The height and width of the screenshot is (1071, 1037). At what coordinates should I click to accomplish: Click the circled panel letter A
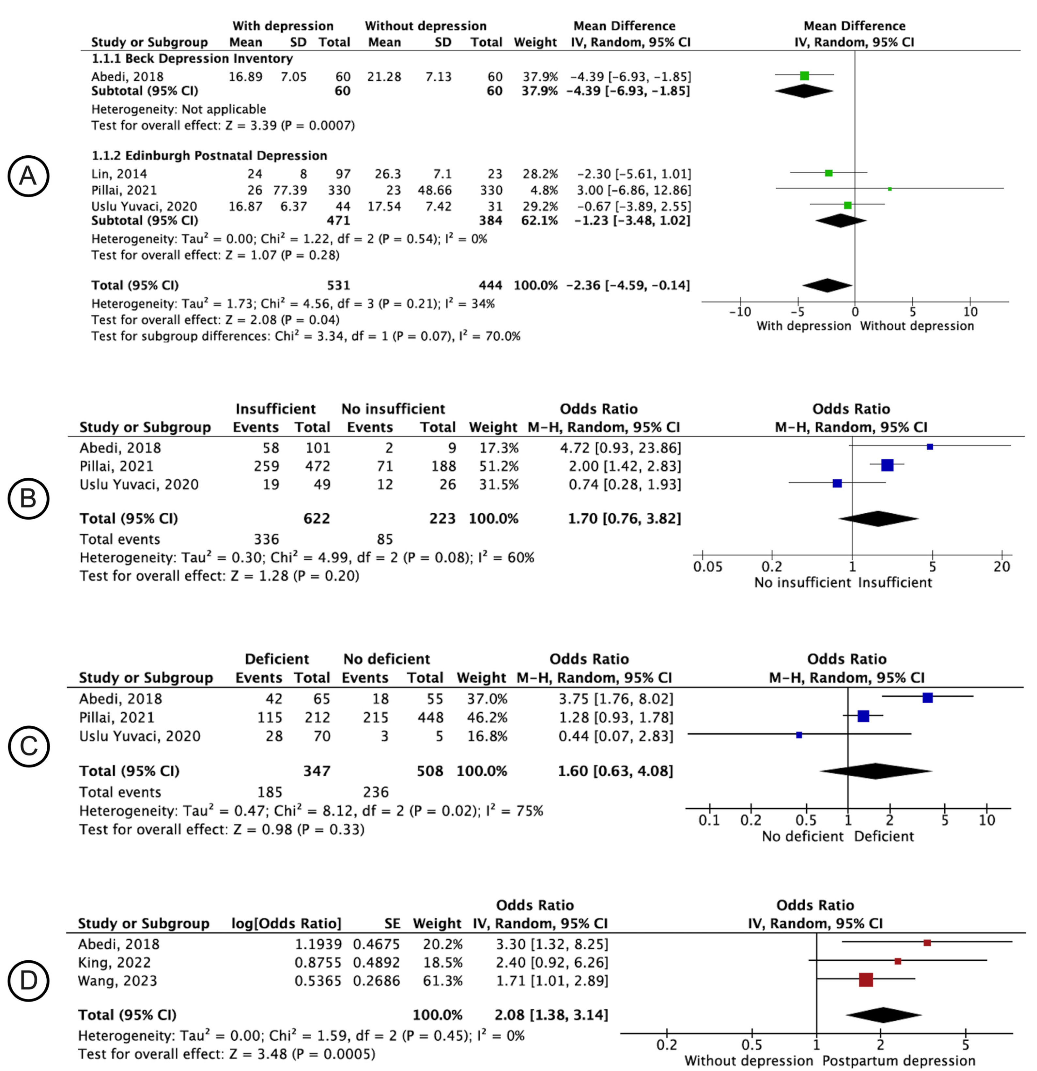pyautogui.click(x=28, y=176)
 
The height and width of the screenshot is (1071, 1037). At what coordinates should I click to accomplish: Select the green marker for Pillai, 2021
pyautogui.click(x=890, y=189)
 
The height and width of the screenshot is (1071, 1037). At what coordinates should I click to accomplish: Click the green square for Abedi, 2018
pyautogui.click(x=804, y=76)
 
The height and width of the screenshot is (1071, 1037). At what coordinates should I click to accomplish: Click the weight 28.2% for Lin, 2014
pyautogui.click(x=540, y=174)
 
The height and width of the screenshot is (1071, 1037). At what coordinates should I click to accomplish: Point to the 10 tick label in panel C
pyautogui.click(x=987, y=820)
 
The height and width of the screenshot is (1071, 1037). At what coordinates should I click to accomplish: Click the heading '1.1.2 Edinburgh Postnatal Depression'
pyautogui.click(x=209, y=156)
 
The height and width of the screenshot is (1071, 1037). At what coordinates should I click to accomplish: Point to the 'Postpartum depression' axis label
pyautogui.click(x=898, y=1061)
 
